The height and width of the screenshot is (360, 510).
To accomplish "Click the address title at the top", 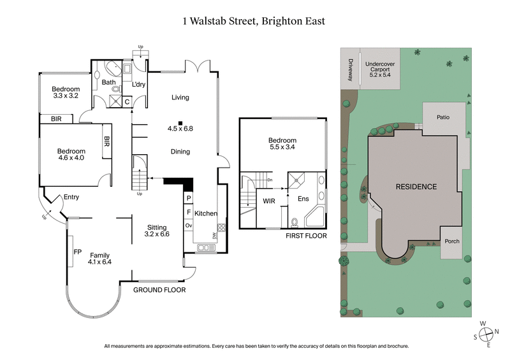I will pyautogui.click(x=254, y=21).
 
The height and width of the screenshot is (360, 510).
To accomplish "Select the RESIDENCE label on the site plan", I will pyautogui.click(x=416, y=187).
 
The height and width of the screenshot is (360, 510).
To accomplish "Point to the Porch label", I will pyautogui.click(x=451, y=241).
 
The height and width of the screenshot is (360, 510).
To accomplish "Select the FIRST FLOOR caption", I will pyautogui.click(x=307, y=236).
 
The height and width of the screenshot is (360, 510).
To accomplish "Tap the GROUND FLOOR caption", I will pyautogui.click(x=159, y=290).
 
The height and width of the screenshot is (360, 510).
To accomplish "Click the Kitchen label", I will pyautogui.click(x=207, y=213).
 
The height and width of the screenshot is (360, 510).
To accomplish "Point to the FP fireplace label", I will pyautogui.click(x=78, y=252).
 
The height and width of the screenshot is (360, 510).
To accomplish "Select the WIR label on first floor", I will pyautogui.click(x=268, y=200).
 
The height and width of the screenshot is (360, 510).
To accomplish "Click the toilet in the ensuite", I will pyautogui.click(x=294, y=222).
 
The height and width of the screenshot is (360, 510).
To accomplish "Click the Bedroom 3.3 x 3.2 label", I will pyautogui.click(x=66, y=93).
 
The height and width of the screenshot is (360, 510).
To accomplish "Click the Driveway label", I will pyautogui.click(x=350, y=69).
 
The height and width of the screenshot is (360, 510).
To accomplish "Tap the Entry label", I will pyautogui.click(x=71, y=198).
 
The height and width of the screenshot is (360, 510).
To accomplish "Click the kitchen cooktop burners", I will pyautogui.click(x=221, y=227).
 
